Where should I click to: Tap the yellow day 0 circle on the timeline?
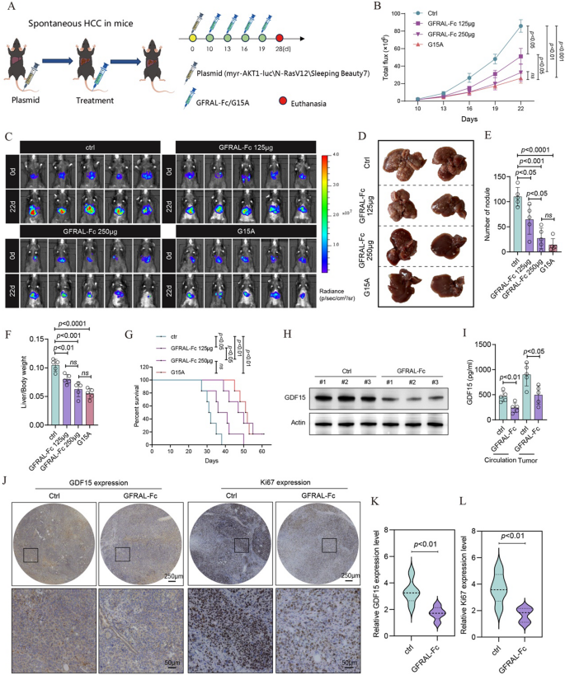coord(194,38)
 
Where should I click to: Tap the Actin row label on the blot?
coord(304,404)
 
